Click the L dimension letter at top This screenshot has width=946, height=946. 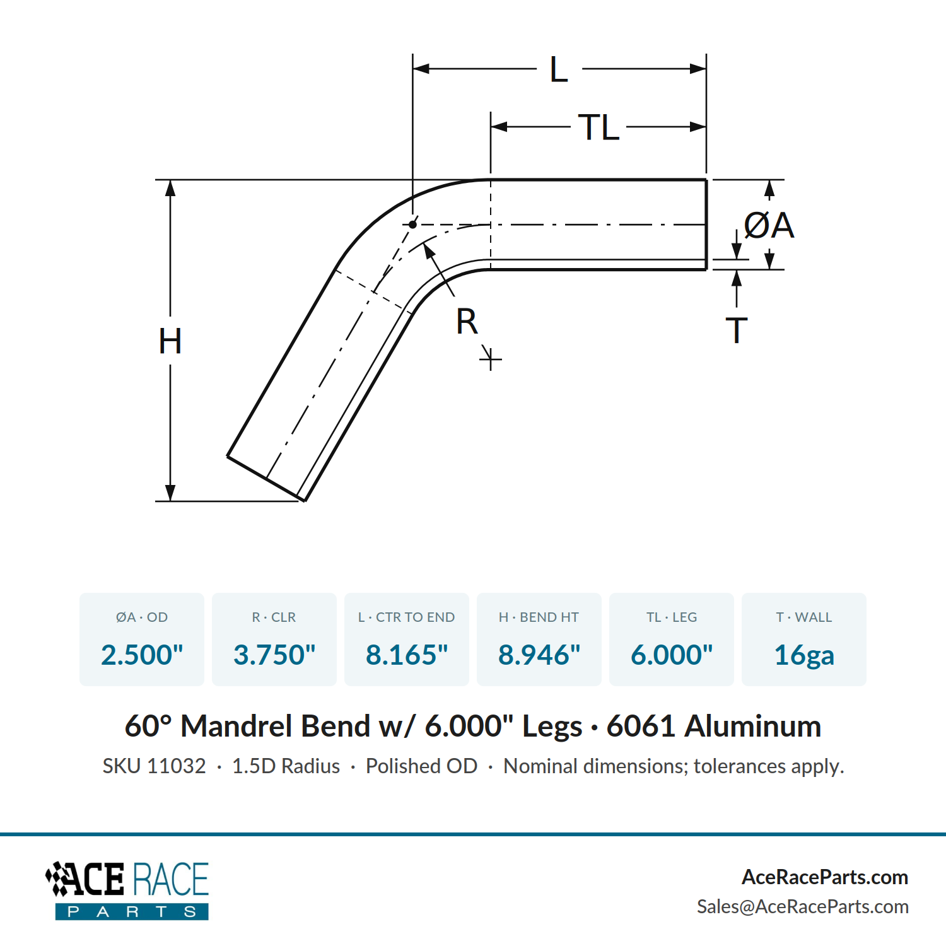tap(559, 69)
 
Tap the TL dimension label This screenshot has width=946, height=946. tap(599, 127)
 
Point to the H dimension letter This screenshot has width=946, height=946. tap(170, 341)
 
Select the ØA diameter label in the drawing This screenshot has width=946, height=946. tap(769, 225)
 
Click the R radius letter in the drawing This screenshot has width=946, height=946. tap(467, 322)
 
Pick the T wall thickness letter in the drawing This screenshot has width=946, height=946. tap(737, 330)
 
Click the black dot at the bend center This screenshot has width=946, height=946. tap(412, 225)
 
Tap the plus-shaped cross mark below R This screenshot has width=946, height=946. tap(491, 360)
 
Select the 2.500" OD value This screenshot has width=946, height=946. tap(142, 655)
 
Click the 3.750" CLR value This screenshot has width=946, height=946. tap(274, 655)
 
